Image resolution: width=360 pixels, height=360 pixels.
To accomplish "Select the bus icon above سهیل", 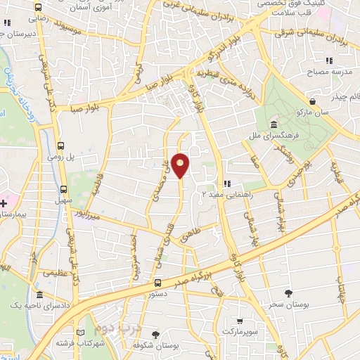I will pyautogui.click(x=64, y=189).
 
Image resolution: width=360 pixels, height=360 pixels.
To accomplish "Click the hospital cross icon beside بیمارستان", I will pyautogui.click(x=5, y=203).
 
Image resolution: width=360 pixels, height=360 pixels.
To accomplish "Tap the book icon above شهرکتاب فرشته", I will pyautogui.click(x=79, y=332).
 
